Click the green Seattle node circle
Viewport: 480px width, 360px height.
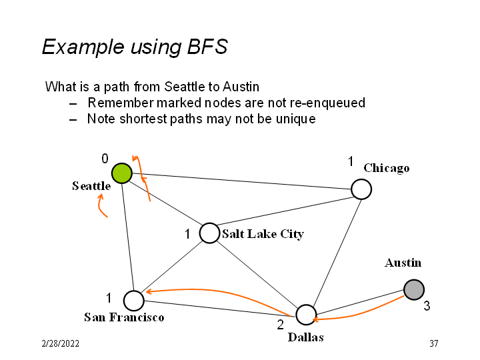(x=121, y=173)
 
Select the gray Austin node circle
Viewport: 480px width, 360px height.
(x=414, y=289)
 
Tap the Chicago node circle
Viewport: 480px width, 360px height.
(x=361, y=189)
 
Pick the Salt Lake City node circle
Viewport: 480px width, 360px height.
(x=209, y=233)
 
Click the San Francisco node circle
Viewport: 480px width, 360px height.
(x=134, y=301)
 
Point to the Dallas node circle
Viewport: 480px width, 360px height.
(x=305, y=315)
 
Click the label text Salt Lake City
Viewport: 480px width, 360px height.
(x=263, y=234)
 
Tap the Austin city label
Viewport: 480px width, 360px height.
(x=403, y=263)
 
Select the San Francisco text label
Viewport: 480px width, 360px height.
(x=124, y=317)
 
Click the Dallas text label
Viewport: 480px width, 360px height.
(x=306, y=337)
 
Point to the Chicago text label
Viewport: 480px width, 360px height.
(x=387, y=168)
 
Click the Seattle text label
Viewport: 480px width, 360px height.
(x=91, y=186)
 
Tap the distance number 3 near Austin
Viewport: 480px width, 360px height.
(x=427, y=306)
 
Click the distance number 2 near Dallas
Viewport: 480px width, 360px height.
(x=281, y=325)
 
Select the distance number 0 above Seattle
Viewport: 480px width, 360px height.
(x=105, y=159)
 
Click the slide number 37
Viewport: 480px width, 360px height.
(x=433, y=343)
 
